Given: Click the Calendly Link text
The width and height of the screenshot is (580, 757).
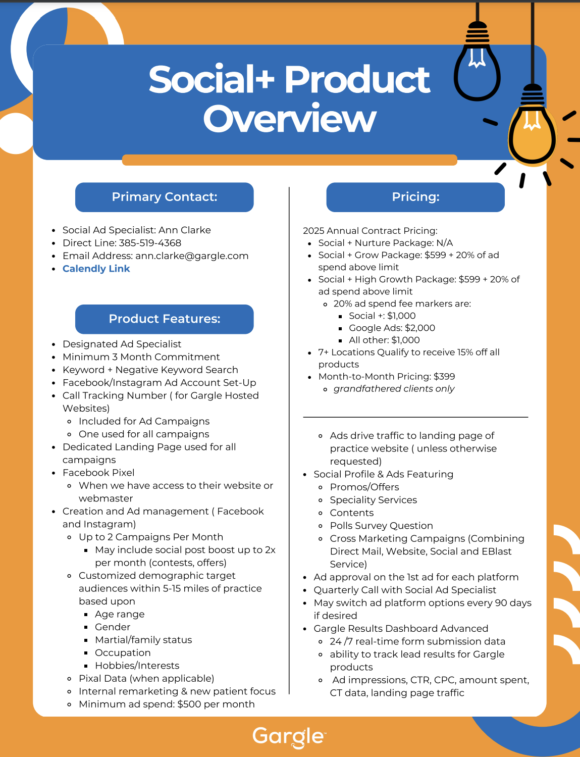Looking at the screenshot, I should (x=96, y=269).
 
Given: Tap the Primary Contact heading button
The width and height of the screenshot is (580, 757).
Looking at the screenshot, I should (x=164, y=197).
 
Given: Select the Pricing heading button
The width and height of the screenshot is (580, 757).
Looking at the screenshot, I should (x=415, y=197).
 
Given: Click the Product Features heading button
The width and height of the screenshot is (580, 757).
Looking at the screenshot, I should (x=164, y=319).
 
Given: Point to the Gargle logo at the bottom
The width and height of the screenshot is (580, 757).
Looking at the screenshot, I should (x=289, y=737).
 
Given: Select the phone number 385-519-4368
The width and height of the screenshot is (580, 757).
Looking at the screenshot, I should (x=150, y=243).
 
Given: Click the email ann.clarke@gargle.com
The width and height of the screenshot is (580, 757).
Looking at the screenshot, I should (x=192, y=256).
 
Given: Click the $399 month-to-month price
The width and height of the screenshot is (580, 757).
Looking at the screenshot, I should (x=444, y=377).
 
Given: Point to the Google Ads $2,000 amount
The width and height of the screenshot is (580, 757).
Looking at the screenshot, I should (x=419, y=328).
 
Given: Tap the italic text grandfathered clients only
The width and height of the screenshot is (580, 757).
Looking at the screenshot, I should (x=394, y=389).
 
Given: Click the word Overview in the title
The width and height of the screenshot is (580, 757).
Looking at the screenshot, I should (x=290, y=120).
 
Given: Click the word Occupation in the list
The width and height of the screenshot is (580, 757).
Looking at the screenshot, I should (x=123, y=653).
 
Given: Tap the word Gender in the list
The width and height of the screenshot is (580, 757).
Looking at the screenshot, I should (x=113, y=627).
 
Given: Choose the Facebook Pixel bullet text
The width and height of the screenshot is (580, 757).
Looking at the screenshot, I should (x=98, y=473).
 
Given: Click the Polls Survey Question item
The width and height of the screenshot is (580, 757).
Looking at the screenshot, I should (x=381, y=526).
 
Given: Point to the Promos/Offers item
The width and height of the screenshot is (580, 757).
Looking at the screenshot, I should (x=364, y=487).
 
